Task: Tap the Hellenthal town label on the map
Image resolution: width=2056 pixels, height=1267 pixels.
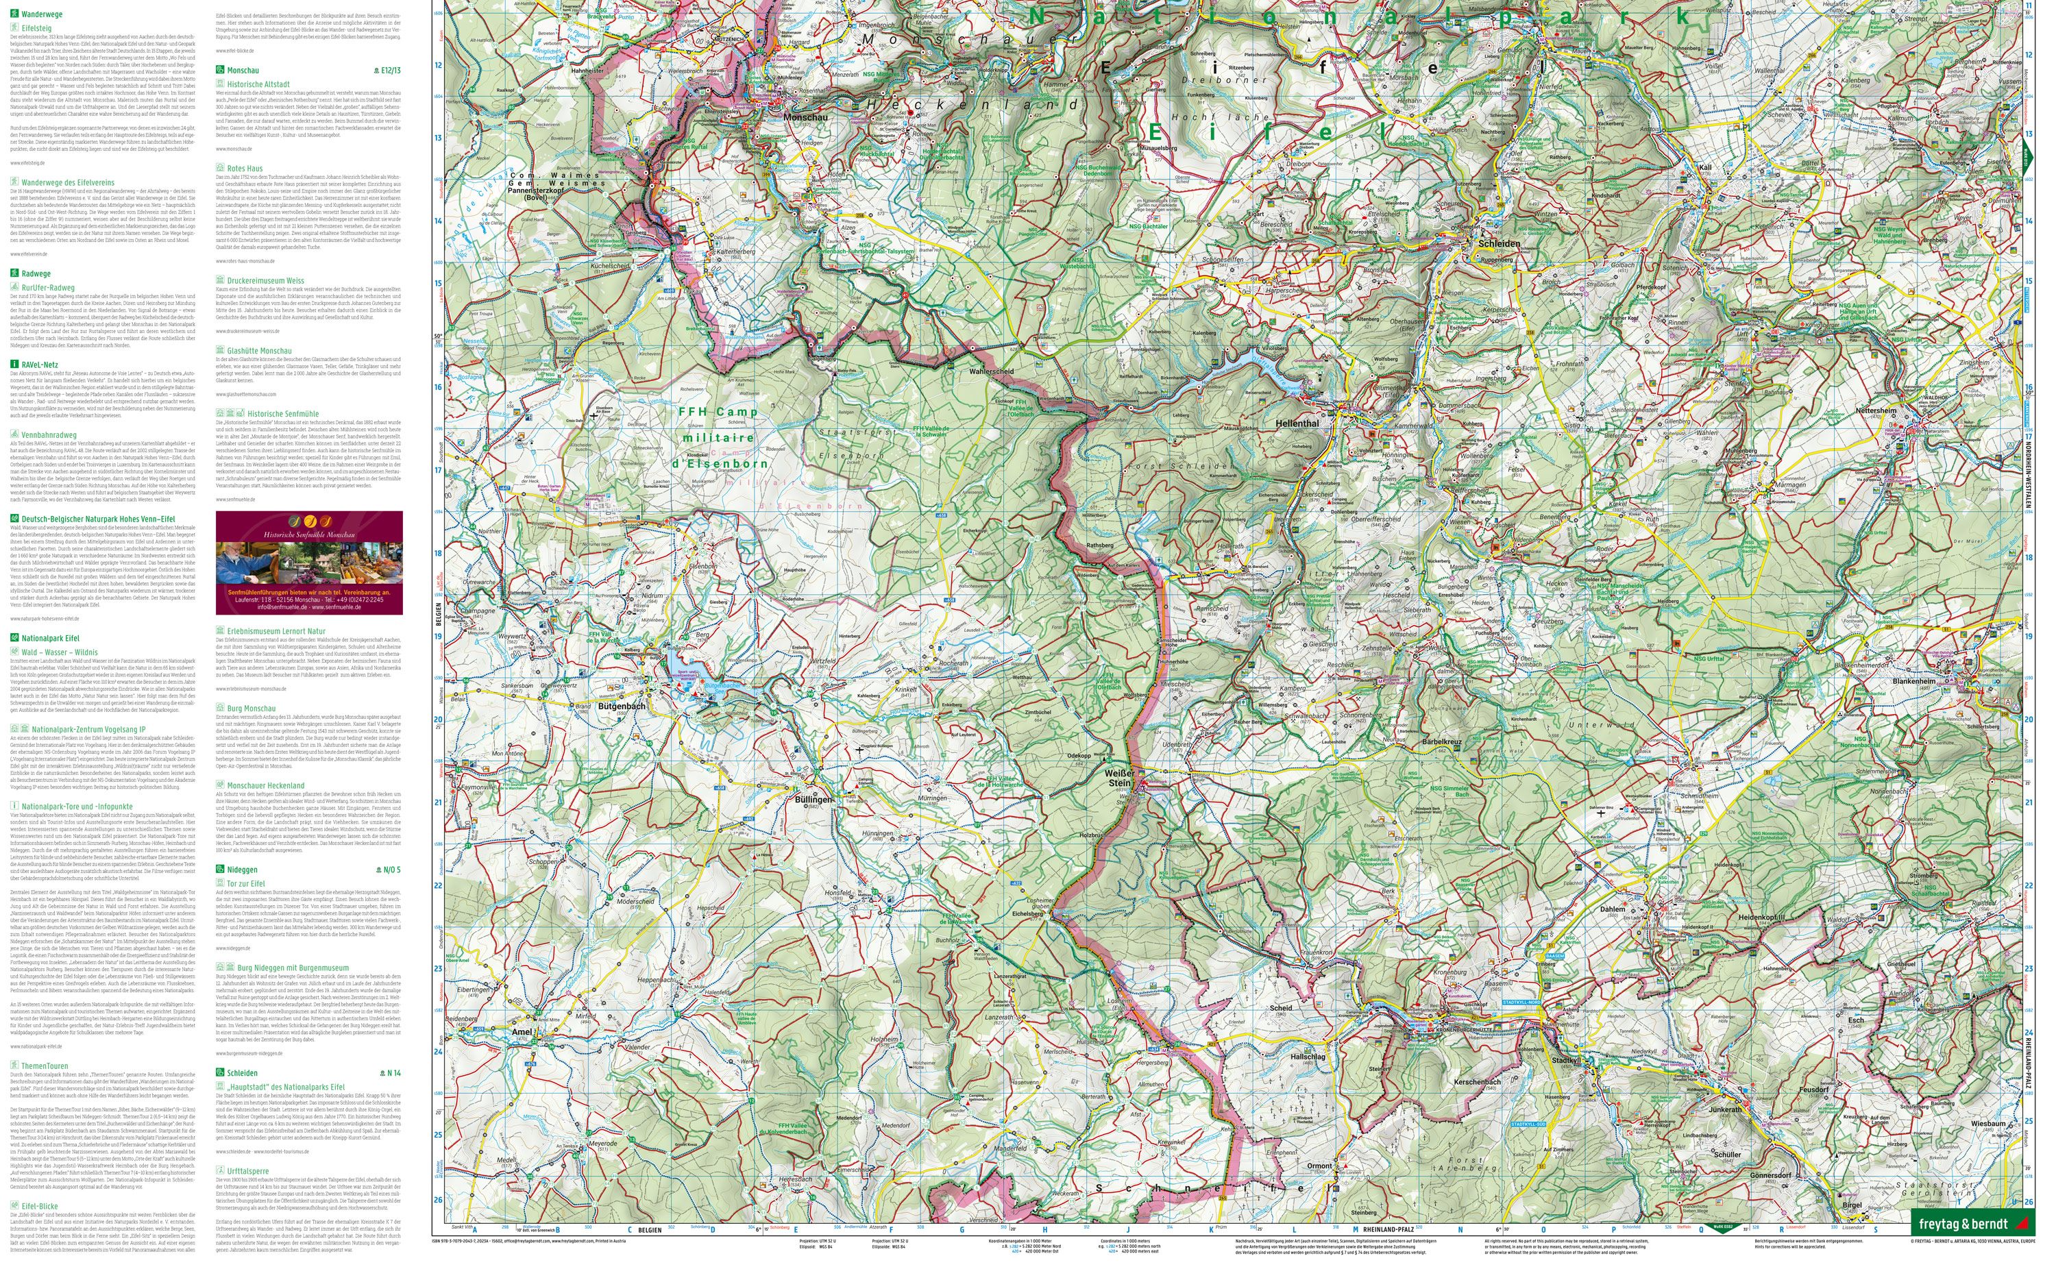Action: [x=1297, y=424]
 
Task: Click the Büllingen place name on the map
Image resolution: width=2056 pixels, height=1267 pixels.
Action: [x=813, y=800]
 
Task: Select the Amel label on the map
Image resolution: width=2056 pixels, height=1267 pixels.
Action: [x=522, y=1033]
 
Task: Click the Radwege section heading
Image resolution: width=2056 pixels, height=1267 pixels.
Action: [x=36, y=273]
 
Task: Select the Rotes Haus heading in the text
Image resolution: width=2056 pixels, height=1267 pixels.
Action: [x=245, y=169]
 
